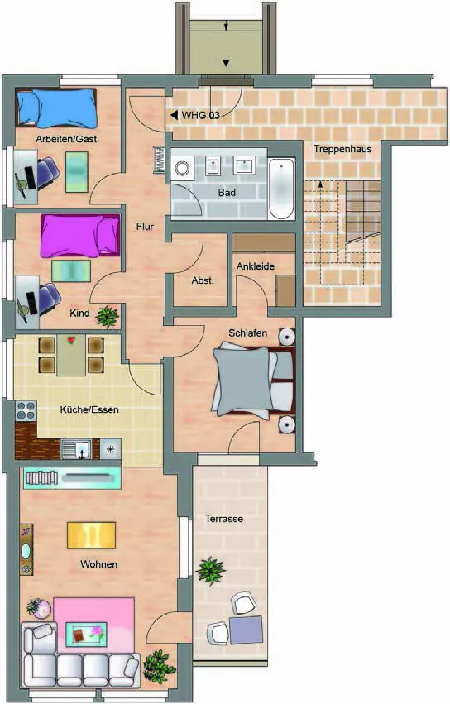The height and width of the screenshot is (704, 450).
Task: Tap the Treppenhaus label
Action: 342,149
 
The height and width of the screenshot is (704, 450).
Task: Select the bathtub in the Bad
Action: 281,188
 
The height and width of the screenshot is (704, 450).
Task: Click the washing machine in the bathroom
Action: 182,169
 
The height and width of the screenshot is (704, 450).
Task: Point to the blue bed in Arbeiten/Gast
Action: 56,108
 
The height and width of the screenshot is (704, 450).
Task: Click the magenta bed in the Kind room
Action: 80,235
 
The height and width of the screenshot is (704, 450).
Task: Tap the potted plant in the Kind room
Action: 108,316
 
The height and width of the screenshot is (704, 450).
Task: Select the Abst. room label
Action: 203,280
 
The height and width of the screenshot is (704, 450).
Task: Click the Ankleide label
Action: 256,266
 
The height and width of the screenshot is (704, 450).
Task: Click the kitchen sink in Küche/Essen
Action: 80,449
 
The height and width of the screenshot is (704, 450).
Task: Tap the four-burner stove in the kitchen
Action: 26,411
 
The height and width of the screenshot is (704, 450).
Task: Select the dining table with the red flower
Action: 71,355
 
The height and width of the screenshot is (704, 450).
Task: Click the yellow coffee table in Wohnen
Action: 91,534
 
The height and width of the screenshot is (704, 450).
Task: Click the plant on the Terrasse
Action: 210,570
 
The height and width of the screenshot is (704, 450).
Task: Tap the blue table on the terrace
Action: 246,630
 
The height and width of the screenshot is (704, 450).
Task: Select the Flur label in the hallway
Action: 145,227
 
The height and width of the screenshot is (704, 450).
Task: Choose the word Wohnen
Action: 98,564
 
